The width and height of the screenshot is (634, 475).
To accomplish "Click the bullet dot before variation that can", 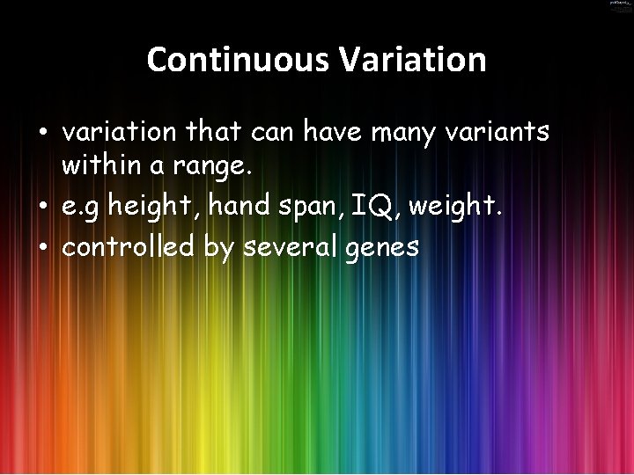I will click(42, 134).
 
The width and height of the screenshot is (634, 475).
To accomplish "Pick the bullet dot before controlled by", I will click(42, 248).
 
